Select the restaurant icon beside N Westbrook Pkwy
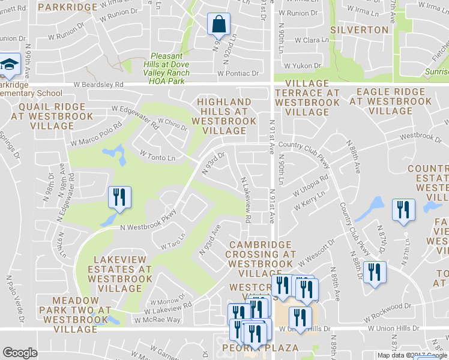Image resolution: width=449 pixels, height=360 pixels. pos(119,198)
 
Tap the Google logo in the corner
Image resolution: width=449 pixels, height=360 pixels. pos(20,353)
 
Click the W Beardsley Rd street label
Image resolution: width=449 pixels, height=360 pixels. pos(98,85)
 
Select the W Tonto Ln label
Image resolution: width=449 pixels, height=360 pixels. pos(157,155)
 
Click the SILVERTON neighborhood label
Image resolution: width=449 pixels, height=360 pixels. pos(359,29)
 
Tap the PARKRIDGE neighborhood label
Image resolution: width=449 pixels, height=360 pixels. pos(67,7)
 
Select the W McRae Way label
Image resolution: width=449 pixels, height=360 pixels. pos(157,320)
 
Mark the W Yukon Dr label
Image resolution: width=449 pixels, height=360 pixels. pos(304,66)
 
